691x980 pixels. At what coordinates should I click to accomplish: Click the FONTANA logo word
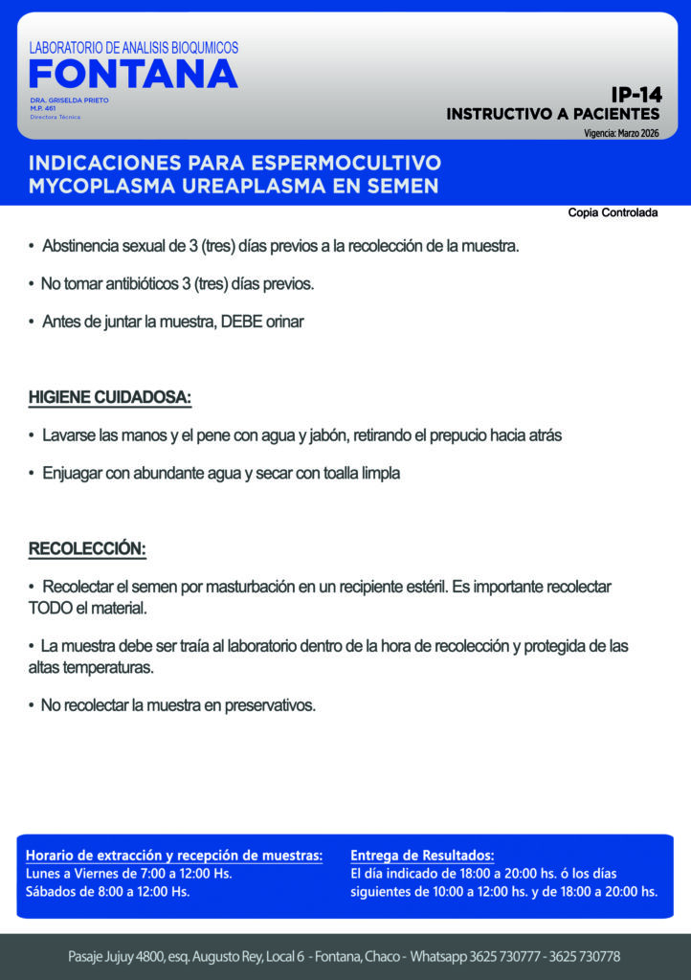[x=133, y=75]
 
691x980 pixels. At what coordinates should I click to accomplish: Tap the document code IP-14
[x=636, y=95]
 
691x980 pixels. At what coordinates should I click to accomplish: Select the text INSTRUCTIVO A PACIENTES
[x=552, y=114]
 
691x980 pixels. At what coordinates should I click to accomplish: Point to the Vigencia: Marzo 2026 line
[x=621, y=133]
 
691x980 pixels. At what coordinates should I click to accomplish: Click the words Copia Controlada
[x=613, y=212]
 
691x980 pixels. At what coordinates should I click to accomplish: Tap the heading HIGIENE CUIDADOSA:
[x=110, y=397]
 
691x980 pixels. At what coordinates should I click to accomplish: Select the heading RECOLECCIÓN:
[x=87, y=549]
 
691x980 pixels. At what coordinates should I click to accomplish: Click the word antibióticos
[x=137, y=284]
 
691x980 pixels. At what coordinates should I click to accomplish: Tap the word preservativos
[x=270, y=706]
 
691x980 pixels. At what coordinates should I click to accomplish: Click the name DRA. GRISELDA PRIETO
[x=69, y=100]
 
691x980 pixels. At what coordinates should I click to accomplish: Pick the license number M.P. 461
[x=44, y=108]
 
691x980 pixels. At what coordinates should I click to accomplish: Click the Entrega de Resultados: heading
[x=422, y=855]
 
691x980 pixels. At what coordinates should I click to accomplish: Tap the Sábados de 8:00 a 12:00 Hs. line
[x=107, y=892]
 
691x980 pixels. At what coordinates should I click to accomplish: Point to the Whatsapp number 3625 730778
[x=587, y=957]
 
